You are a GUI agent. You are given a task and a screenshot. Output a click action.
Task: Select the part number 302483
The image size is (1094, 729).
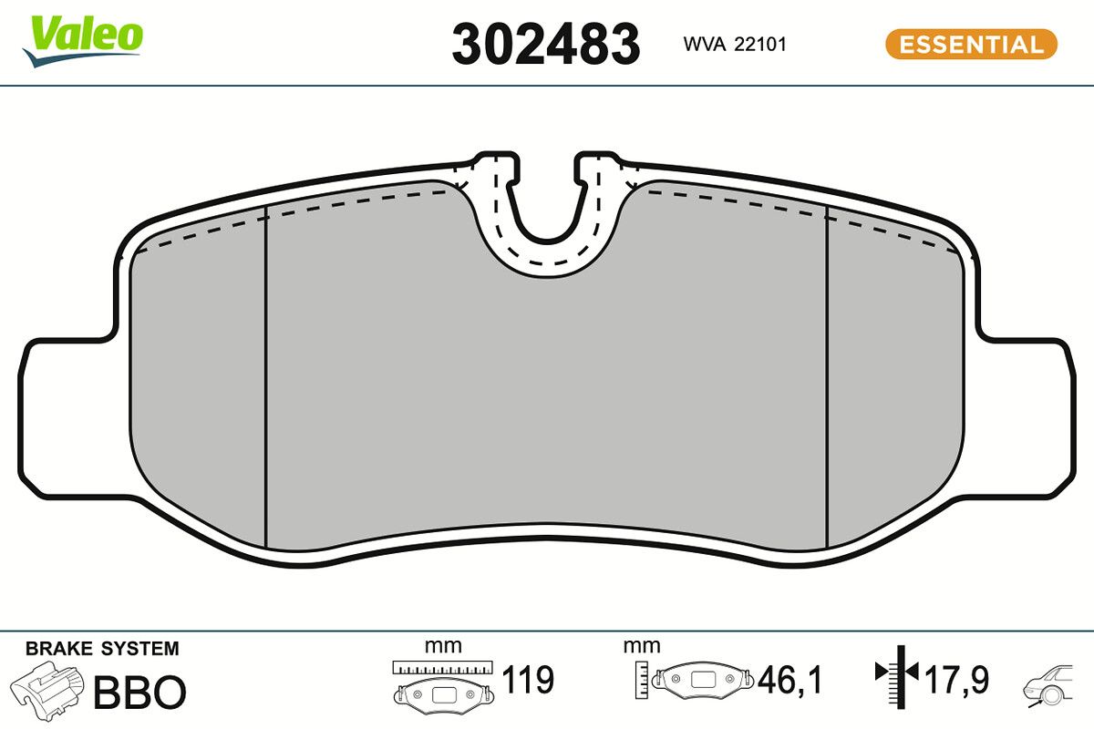pos(546,44)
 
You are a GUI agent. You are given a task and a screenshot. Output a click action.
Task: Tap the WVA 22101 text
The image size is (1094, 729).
pos(734,45)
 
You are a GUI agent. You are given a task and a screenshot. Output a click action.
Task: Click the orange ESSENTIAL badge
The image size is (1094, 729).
pos(970,45)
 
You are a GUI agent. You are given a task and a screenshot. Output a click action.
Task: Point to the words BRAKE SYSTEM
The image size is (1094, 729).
pos(102,649)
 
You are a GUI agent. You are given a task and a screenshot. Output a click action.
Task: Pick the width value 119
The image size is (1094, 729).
pos(529,680)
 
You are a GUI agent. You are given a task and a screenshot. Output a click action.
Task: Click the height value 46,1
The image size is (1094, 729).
pos(790,680)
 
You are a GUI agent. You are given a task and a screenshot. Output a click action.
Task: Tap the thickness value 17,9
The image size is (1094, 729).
pos(956,680)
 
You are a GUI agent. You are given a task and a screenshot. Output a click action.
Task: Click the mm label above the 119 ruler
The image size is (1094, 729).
pos(443,646)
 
